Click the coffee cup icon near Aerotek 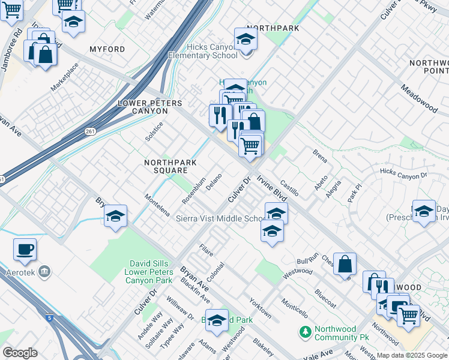25,250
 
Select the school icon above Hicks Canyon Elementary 246,40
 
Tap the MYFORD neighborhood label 107,49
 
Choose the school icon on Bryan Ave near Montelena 115,217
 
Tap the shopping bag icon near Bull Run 345,264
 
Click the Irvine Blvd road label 273,188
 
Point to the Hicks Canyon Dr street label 403,174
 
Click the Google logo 20,353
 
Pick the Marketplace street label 64,77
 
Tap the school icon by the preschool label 424,212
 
